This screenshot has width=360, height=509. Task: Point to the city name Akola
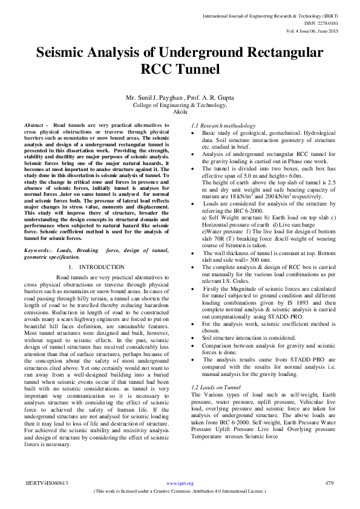coord(180,112)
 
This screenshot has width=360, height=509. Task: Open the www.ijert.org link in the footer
coord(180,483)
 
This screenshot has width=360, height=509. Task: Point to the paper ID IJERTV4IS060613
coord(47,483)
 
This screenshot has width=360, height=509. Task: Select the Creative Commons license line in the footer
coord(180,491)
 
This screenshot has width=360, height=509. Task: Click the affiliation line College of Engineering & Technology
coord(180,105)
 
